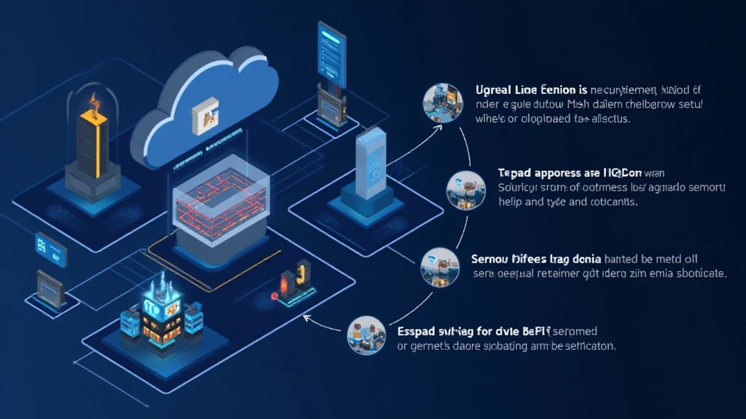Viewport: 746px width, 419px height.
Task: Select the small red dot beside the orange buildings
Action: click(275, 296)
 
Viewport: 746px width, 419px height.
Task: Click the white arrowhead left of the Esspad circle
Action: click(307, 317)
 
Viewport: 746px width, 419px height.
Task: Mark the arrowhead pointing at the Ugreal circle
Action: click(439, 126)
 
